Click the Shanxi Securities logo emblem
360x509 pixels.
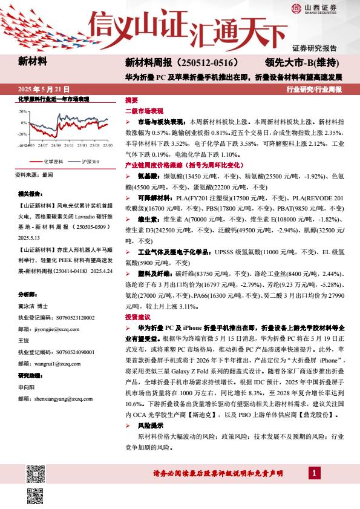pos(296,8)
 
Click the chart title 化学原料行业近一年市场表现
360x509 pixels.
pos(54,98)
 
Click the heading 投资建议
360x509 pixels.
pos(137,317)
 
